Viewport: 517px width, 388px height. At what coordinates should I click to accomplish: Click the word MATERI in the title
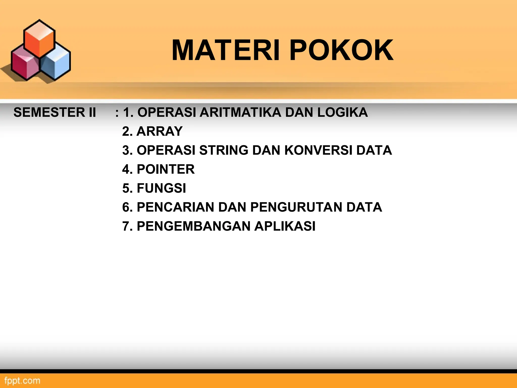(226, 50)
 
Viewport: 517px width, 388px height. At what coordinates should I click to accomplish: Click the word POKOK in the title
(341, 50)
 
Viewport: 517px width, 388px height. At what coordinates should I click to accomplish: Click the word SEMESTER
(49, 112)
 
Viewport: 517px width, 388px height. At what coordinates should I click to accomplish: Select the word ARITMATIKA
(240, 112)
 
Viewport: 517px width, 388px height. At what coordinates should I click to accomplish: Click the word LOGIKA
(342, 112)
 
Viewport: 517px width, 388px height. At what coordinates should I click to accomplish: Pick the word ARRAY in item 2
(159, 131)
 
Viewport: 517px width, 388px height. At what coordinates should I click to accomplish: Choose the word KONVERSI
(318, 150)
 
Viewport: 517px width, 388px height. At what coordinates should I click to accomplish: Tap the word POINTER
(166, 169)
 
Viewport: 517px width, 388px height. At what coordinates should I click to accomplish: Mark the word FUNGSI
(161, 188)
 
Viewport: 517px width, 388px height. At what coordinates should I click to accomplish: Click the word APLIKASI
(285, 226)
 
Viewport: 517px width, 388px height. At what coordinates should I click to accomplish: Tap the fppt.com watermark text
(22, 381)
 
